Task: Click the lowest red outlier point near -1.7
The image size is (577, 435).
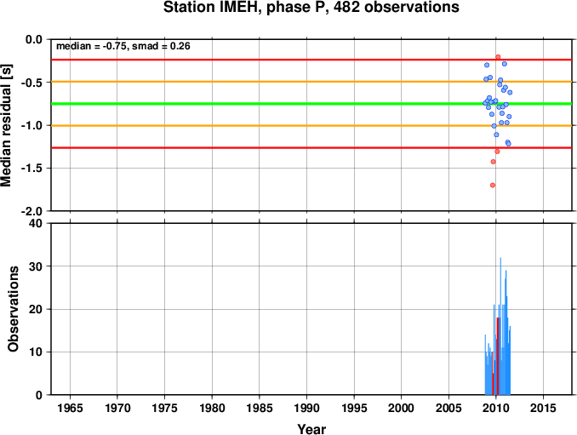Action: [x=493, y=185]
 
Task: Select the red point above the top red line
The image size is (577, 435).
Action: [x=498, y=57]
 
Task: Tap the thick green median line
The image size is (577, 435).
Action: [x=311, y=104]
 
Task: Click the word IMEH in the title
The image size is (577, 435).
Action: [x=241, y=8]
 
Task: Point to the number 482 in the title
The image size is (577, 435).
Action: [x=347, y=8]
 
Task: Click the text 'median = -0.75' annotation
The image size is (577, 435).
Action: [x=92, y=46]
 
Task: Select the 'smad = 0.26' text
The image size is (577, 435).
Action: [x=161, y=46]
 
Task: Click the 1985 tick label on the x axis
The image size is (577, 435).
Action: [x=260, y=408]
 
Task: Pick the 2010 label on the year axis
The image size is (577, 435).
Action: [x=495, y=408]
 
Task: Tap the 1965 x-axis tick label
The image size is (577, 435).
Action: [x=70, y=408]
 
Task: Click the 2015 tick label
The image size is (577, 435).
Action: [x=543, y=408]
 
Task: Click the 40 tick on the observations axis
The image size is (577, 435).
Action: [x=36, y=223]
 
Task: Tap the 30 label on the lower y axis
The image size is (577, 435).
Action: [x=36, y=266]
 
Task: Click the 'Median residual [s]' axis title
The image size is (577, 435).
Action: [x=6, y=125]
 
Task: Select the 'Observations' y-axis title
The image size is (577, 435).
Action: [x=14, y=309]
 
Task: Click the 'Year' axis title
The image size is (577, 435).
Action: [x=311, y=429]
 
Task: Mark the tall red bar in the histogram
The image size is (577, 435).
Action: [x=498, y=356]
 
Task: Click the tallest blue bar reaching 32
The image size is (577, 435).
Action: [x=500, y=326]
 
